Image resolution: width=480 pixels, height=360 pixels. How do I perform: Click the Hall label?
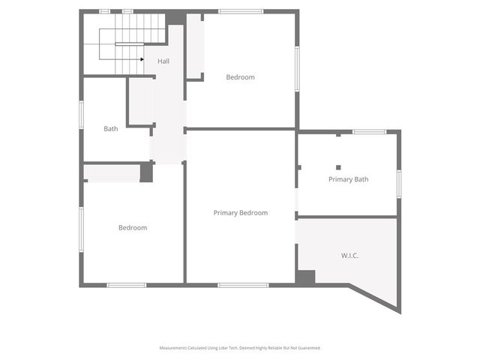(163, 61)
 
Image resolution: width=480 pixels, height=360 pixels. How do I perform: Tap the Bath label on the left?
(111, 129)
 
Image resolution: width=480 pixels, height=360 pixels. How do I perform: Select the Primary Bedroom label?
(240, 213)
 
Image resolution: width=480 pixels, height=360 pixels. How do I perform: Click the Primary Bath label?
(349, 180)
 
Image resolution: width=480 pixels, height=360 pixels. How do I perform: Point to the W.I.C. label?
(349, 256)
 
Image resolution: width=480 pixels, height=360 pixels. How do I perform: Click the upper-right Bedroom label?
(240, 77)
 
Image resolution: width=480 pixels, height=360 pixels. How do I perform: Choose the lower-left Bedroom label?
(133, 228)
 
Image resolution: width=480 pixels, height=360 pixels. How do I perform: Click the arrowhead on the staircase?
(142, 59)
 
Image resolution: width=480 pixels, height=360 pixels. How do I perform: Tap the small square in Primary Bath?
(338, 167)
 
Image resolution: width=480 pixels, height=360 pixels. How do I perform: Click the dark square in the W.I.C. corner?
(305, 277)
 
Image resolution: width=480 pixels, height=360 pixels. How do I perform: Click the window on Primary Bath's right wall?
(399, 183)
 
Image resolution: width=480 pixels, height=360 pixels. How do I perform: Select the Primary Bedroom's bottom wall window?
(243, 285)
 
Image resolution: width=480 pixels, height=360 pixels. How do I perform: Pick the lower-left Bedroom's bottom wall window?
(126, 285)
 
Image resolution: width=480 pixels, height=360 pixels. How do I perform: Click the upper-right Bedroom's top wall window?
(241, 11)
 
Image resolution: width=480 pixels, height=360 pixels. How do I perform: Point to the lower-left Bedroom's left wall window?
(82, 227)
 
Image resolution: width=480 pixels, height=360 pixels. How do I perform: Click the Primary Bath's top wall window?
(369, 132)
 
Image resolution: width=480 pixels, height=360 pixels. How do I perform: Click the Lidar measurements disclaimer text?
(240, 348)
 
